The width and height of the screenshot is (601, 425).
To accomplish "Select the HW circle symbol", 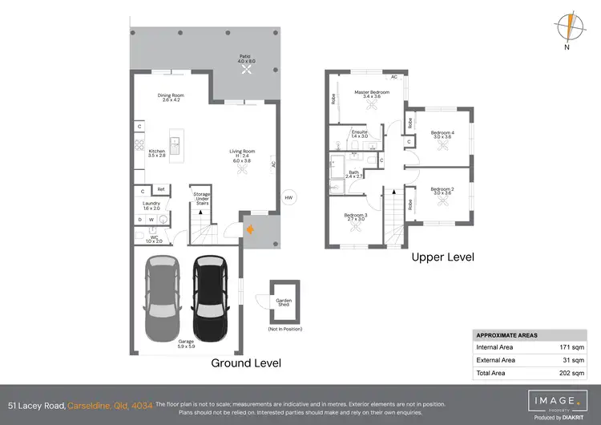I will (x=288, y=199).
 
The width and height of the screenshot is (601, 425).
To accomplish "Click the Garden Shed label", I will (x=284, y=303).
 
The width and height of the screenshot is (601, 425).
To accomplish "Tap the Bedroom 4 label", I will (x=442, y=135).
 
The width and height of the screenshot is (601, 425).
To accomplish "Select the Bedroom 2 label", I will (x=442, y=191).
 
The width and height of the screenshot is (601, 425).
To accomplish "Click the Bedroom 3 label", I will (x=356, y=215).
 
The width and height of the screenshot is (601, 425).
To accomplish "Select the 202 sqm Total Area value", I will (x=572, y=373).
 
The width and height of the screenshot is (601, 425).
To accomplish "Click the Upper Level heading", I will (x=442, y=257).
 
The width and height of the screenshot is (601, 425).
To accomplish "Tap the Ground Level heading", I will (x=246, y=363).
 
